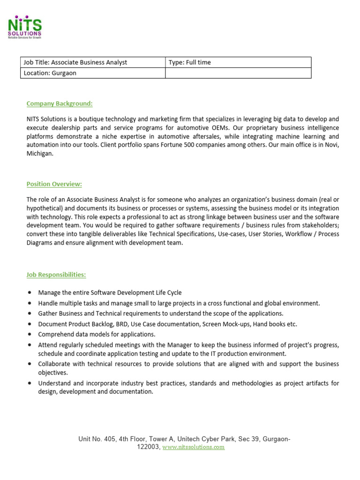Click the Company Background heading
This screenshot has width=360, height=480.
tap(60, 103)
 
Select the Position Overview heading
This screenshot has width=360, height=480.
tap(54, 184)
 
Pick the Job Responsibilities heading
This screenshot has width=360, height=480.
tap(56, 274)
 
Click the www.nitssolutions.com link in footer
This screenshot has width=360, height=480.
tap(194, 447)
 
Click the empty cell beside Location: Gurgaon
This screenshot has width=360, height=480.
tap(238, 73)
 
